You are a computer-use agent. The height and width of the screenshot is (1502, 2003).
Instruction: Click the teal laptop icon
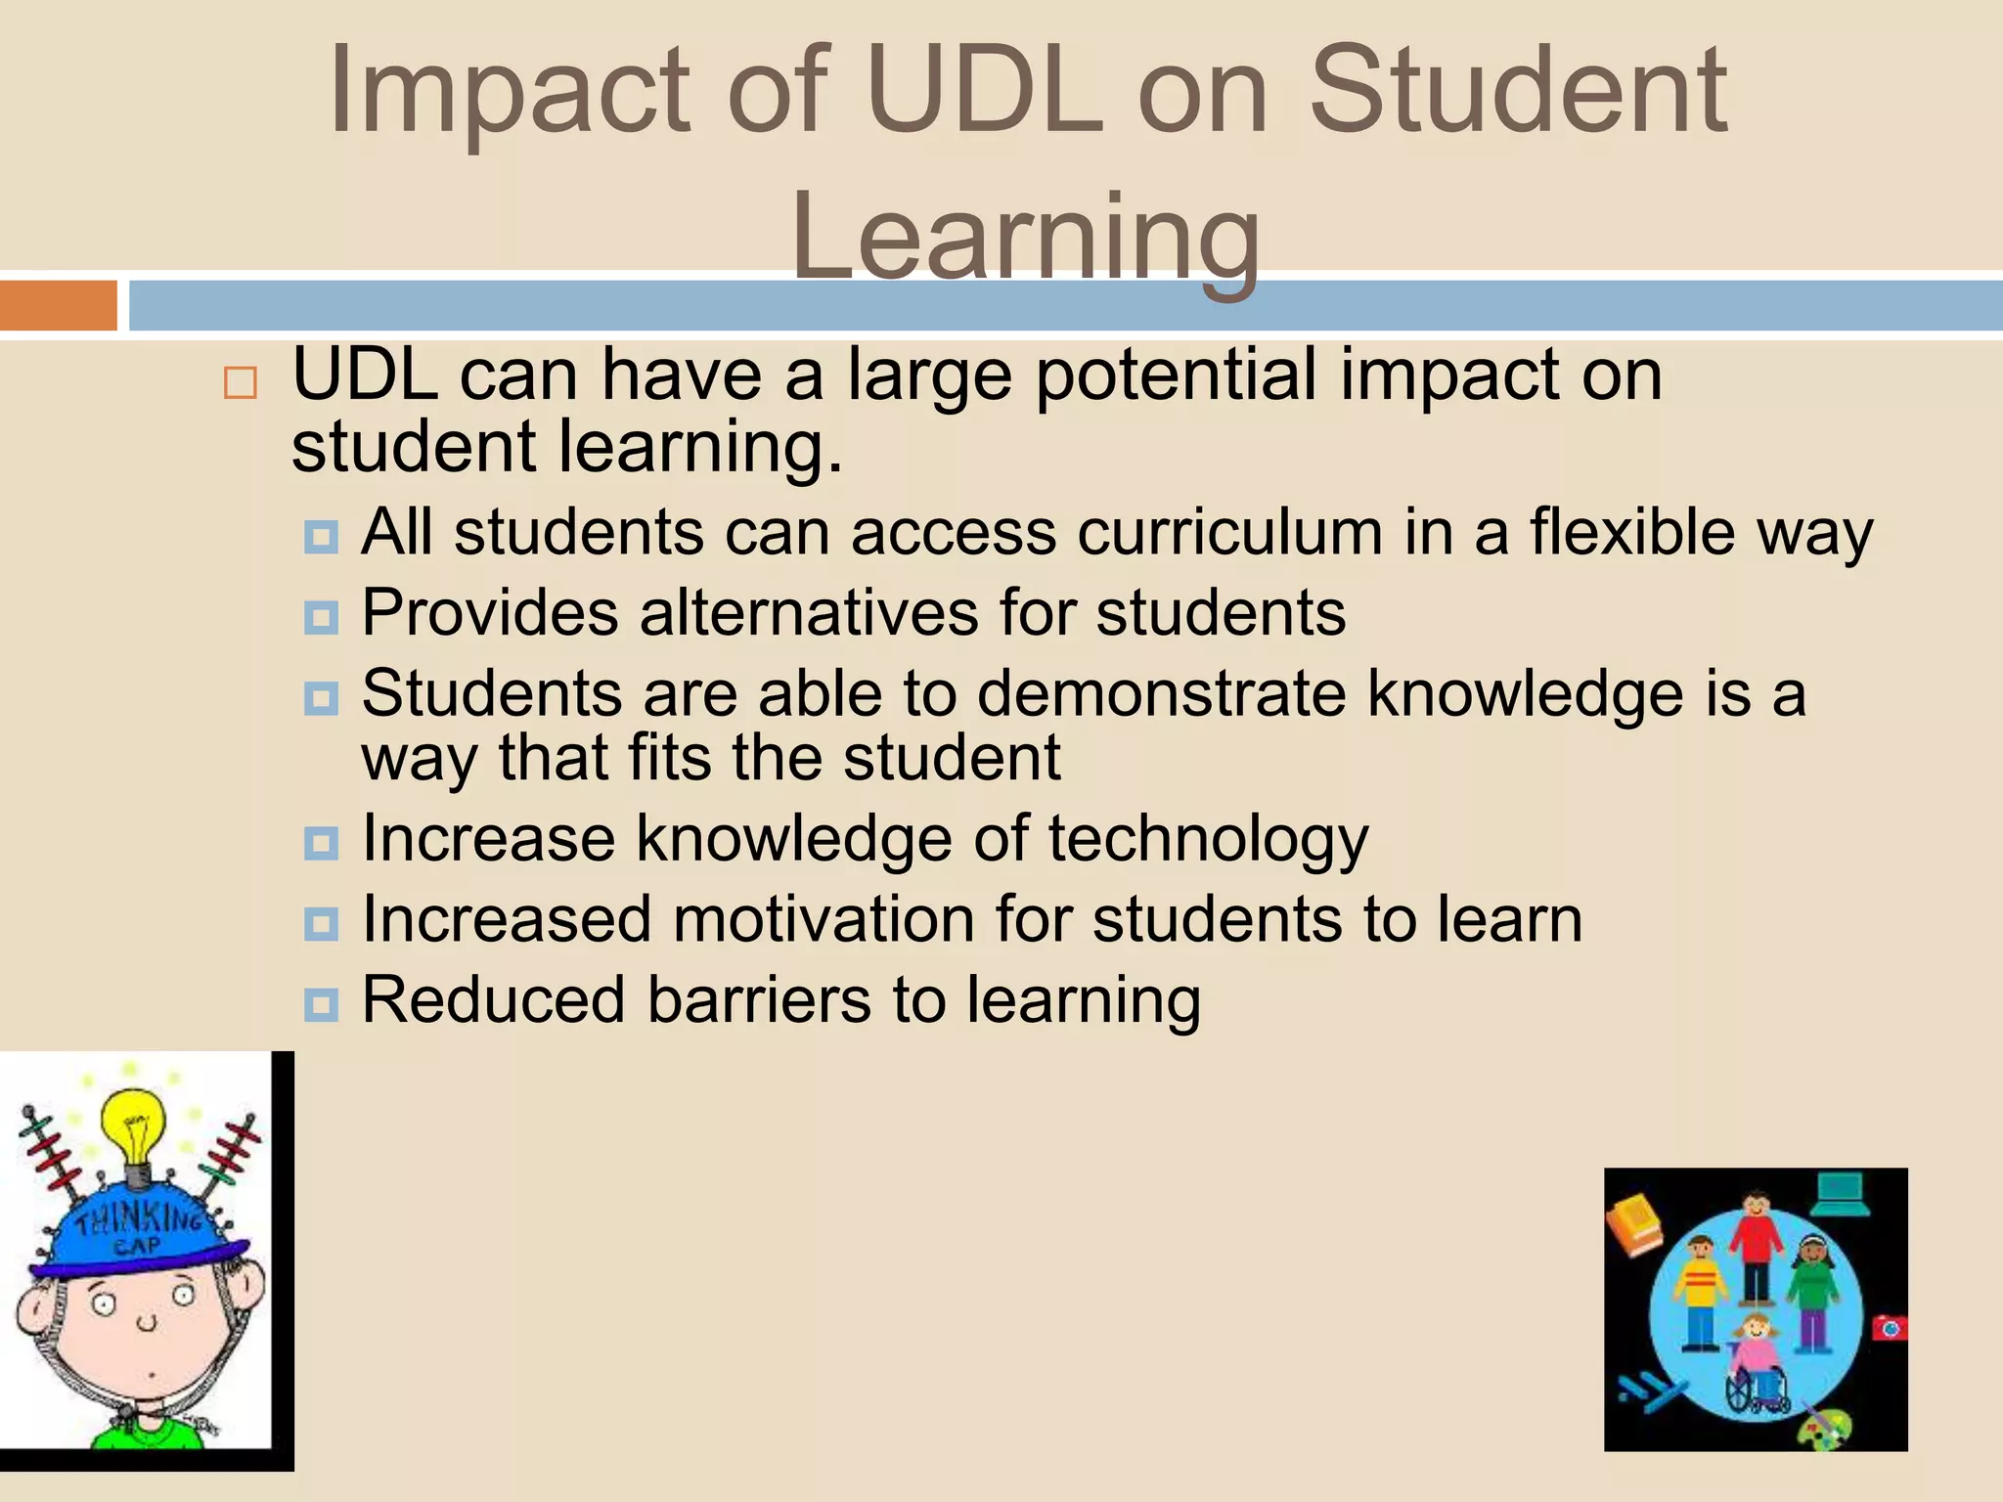tap(1840, 1193)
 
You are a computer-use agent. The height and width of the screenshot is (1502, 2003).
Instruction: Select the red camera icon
tap(1889, 1328)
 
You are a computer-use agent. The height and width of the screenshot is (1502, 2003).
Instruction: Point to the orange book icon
tap(1634, 1223)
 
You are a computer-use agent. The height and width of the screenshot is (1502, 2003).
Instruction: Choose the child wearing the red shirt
tap(1757, 1246)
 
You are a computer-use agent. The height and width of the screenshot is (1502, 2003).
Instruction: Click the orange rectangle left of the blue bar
tap(59, 305)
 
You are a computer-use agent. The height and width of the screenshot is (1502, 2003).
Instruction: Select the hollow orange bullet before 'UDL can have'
tap(240, 382)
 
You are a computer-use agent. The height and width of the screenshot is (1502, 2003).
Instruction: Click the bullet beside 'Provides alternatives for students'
tap(321, 617)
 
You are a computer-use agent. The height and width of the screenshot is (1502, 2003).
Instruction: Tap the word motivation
tap(823, 920)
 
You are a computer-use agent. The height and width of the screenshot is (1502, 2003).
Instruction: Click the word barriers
tap(759, 1000)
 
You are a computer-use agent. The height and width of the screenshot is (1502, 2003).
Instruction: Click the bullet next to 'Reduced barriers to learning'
tap(321, 1003)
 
